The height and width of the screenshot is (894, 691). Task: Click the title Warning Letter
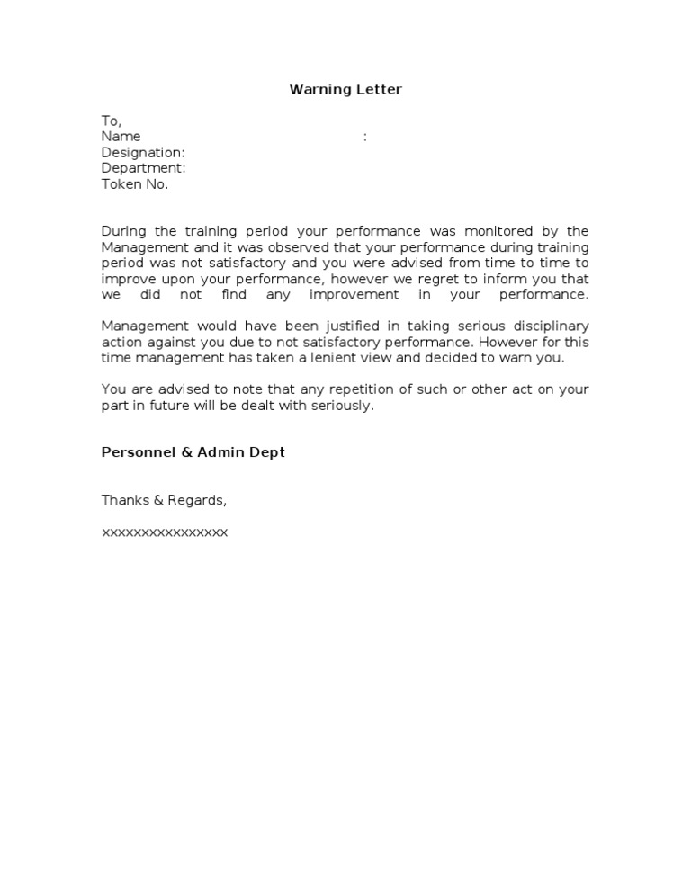click(x=345, y=89)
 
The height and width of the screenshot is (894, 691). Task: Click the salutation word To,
click(x=111, y=121)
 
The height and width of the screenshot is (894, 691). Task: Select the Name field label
click(x=121, y=137)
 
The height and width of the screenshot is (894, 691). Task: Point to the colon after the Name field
click(x=364, y=137)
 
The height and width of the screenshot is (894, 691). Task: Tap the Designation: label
click(x=143, y=153)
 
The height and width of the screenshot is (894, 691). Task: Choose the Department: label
click(x=143, y=168)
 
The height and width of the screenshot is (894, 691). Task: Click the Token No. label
click(x=134, y=184)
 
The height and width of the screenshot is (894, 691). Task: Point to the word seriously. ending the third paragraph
click(x=341, y=406)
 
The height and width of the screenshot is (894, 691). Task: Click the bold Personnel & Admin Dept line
click(x=193, y=452)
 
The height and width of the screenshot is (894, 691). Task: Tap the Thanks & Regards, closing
click(x=164, y=500)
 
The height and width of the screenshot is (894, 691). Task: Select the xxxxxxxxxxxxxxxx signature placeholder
click(x=165, y=532)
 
